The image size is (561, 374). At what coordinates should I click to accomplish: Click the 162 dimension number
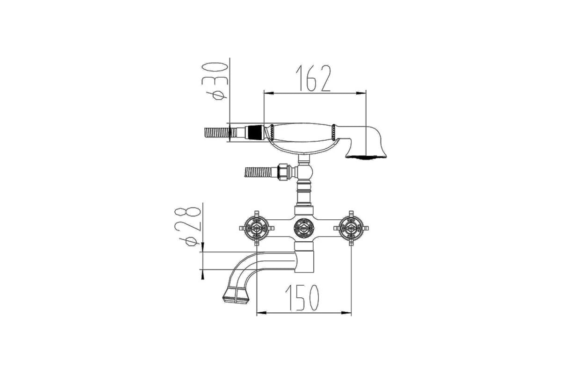tap(313, 78)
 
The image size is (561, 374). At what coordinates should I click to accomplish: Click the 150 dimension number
tap(302, 298)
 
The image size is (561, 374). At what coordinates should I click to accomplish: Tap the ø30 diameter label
tap(215, 81)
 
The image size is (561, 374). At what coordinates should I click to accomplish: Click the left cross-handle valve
tap(257, 228)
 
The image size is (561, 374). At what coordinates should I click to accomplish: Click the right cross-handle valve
tap(351, 228)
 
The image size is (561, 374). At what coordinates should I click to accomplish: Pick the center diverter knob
tap(304, 228)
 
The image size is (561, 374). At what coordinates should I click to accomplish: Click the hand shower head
tap(366, 143)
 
